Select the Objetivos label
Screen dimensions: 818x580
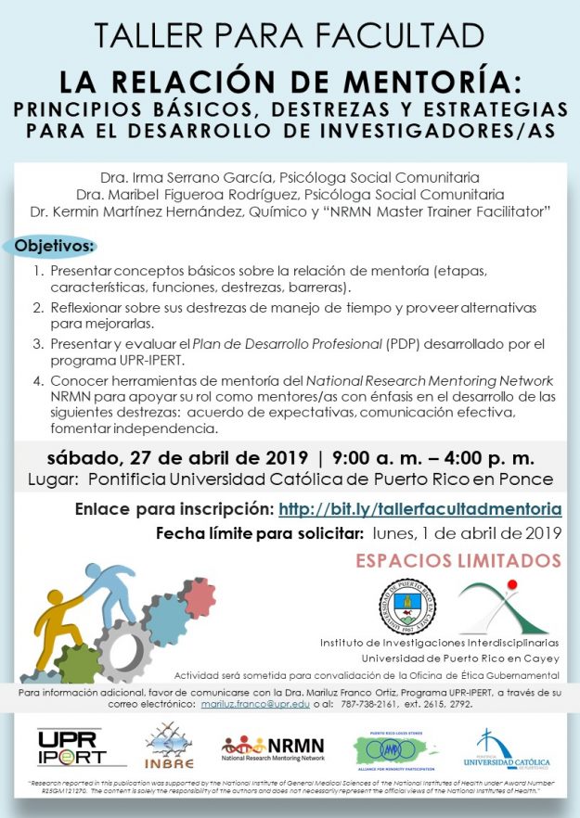(55, 248)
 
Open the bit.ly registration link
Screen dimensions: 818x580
(419, 508)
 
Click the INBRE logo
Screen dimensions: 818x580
(170, 747)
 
